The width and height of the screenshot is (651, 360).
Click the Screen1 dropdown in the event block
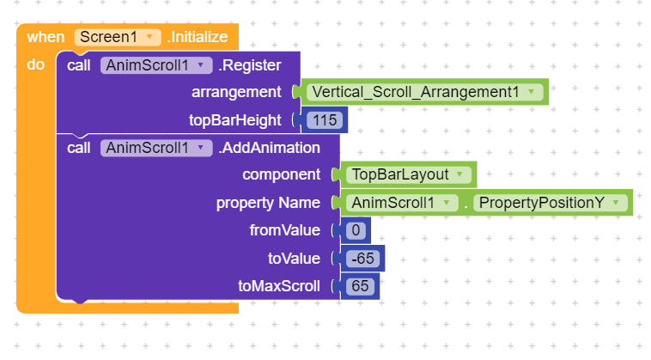point(118,37)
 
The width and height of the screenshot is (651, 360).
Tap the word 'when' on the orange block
point(46,37)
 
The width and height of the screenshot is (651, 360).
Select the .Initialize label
point(198,37)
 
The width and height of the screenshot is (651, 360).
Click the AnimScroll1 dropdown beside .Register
point(156,65)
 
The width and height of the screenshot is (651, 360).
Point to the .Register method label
point(250,65)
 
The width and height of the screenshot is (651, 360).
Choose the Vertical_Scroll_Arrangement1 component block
point(424,92)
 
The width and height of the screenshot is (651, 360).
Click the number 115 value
point(325,120)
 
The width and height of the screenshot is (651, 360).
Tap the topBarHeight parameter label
point(235,120)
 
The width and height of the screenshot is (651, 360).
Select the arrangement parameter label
point(236,92)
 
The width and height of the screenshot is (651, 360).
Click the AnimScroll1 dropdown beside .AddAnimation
point(156,148)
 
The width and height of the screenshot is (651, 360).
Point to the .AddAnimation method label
point(269,148)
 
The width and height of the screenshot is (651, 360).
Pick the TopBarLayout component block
point(409,174)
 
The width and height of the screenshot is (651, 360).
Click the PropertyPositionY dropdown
point(551,203)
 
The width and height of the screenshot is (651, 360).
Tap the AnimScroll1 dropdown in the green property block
point(402,203)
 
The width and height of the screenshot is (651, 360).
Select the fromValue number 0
point(356,230)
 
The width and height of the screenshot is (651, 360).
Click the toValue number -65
point(363,259)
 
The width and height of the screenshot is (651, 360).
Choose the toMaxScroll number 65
point(360,286)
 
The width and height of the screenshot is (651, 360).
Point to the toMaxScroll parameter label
point(279,286)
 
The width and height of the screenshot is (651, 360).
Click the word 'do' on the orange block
point(36,64)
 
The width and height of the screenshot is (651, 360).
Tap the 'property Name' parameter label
point(268,203)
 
